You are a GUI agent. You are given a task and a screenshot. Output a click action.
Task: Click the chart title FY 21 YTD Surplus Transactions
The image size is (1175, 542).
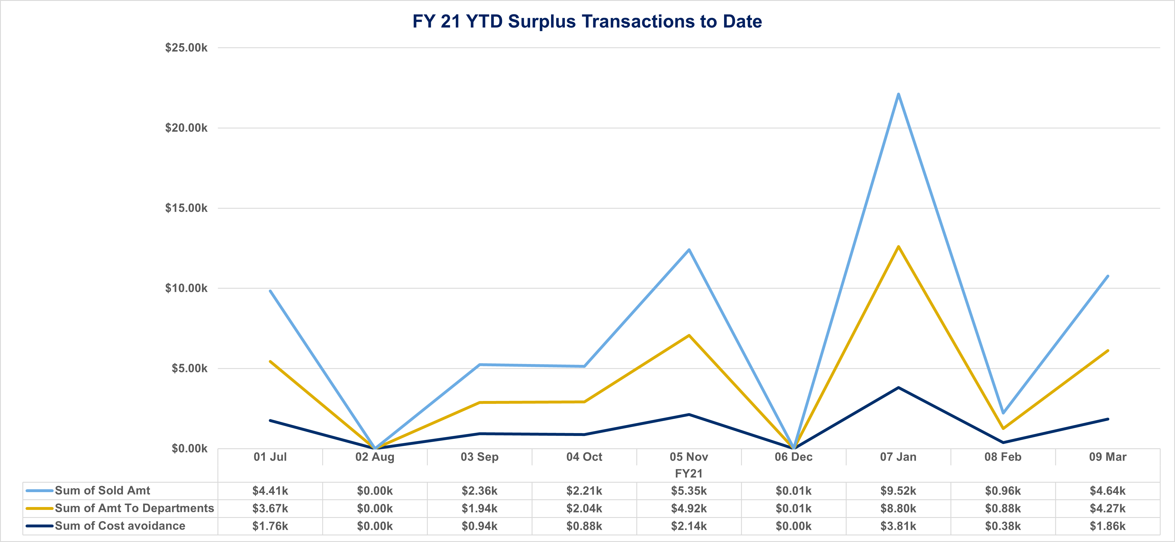(x=587, y=21)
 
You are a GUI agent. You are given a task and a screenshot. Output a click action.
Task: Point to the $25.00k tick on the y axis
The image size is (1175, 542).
(x=186, y=48)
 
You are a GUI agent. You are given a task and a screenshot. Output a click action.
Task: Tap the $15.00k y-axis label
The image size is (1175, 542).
(x=186, y=208)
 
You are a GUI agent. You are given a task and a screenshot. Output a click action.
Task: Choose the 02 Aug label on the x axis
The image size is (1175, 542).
(x=374, y=457)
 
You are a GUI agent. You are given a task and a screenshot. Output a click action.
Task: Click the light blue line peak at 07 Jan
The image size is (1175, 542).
(x=898, y=94)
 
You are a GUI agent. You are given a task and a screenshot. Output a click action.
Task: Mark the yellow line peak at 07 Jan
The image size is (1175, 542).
(x=898, y=246)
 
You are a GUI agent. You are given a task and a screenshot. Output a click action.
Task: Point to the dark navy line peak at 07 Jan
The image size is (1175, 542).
(x=898, y=388)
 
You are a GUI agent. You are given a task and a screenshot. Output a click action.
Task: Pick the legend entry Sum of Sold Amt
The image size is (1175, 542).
(x=102, y=490)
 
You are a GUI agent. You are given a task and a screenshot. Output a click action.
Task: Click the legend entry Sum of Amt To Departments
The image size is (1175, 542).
(x=134, y=508)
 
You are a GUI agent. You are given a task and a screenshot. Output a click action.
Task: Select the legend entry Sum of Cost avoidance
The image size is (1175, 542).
(x=120, y=526)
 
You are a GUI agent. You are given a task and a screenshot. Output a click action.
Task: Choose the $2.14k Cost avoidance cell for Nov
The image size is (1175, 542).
(x=689, y=526)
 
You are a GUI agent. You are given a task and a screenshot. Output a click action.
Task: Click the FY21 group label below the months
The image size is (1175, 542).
(x=689, y=473)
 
